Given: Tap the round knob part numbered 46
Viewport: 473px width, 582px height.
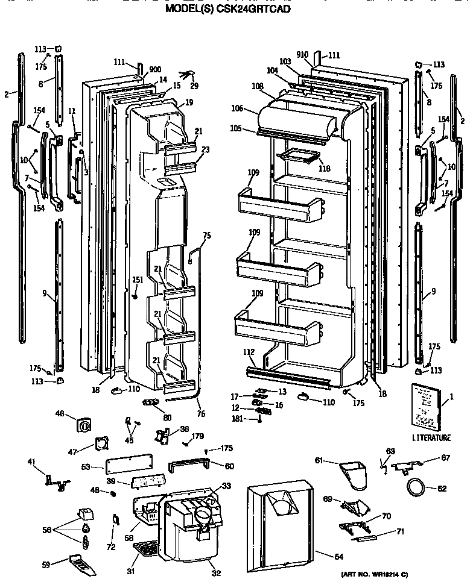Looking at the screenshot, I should pos(84,425).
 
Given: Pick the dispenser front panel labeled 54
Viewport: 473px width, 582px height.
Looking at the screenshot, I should pos(281,524).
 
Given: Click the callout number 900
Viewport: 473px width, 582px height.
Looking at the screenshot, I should pos(155,69).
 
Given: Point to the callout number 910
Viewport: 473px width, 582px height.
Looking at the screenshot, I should pos(302,55).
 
